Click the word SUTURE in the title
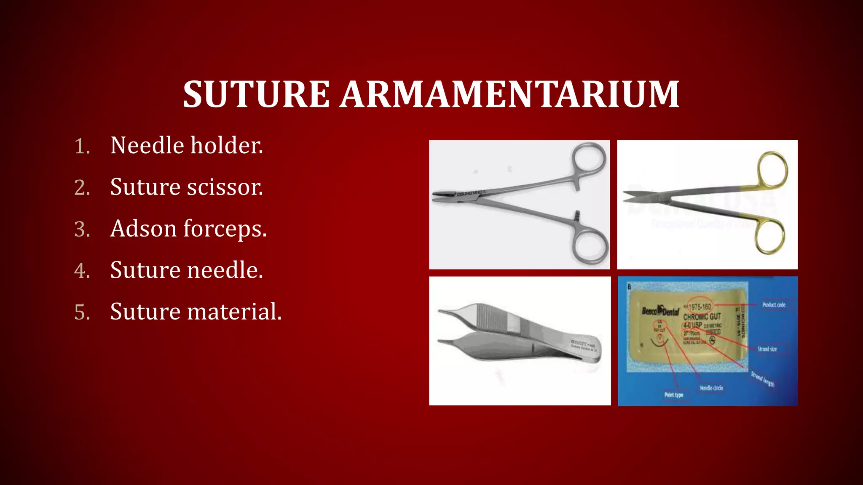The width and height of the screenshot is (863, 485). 256,94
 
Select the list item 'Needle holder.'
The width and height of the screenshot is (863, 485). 187,146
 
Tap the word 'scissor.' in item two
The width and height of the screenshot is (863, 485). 225,187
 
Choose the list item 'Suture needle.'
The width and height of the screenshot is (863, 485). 187,270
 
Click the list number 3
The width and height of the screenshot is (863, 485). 82,229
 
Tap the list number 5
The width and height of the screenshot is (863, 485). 82,312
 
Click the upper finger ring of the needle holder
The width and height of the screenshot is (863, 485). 589,158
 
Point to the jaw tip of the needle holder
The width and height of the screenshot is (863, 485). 438,196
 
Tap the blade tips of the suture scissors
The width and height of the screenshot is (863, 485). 628,197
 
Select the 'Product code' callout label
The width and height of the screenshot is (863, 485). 774,304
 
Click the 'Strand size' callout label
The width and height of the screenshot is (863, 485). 767,349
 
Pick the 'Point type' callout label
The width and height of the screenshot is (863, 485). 673,394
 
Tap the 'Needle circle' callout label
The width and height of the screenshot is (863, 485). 711,388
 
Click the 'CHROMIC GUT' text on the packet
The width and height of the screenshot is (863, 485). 702,316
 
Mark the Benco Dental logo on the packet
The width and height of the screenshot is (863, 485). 660,311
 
